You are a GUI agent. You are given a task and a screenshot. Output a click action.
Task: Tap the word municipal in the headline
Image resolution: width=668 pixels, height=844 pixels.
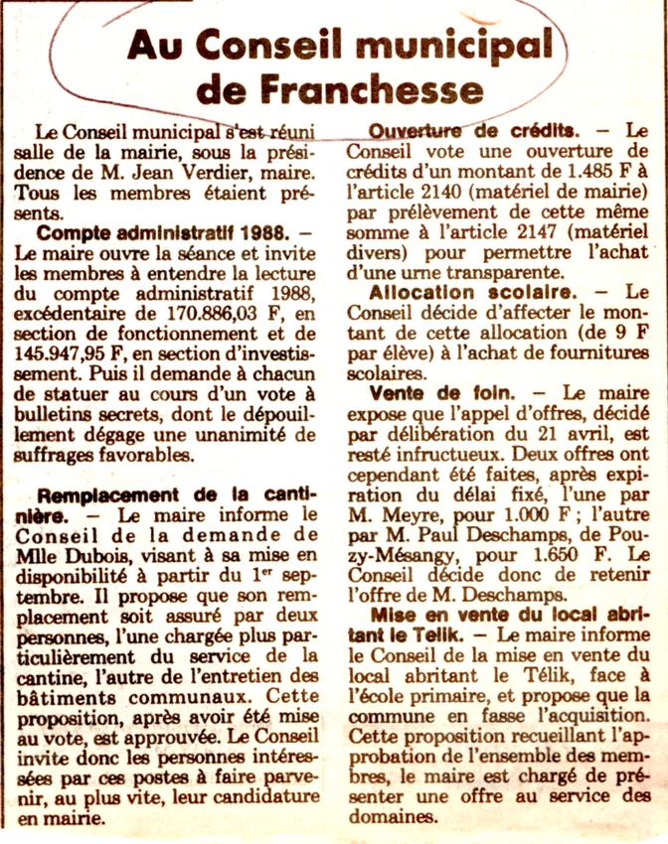pos(455,44)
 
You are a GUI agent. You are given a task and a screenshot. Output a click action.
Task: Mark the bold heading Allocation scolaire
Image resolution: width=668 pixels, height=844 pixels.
pos(472,293)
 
